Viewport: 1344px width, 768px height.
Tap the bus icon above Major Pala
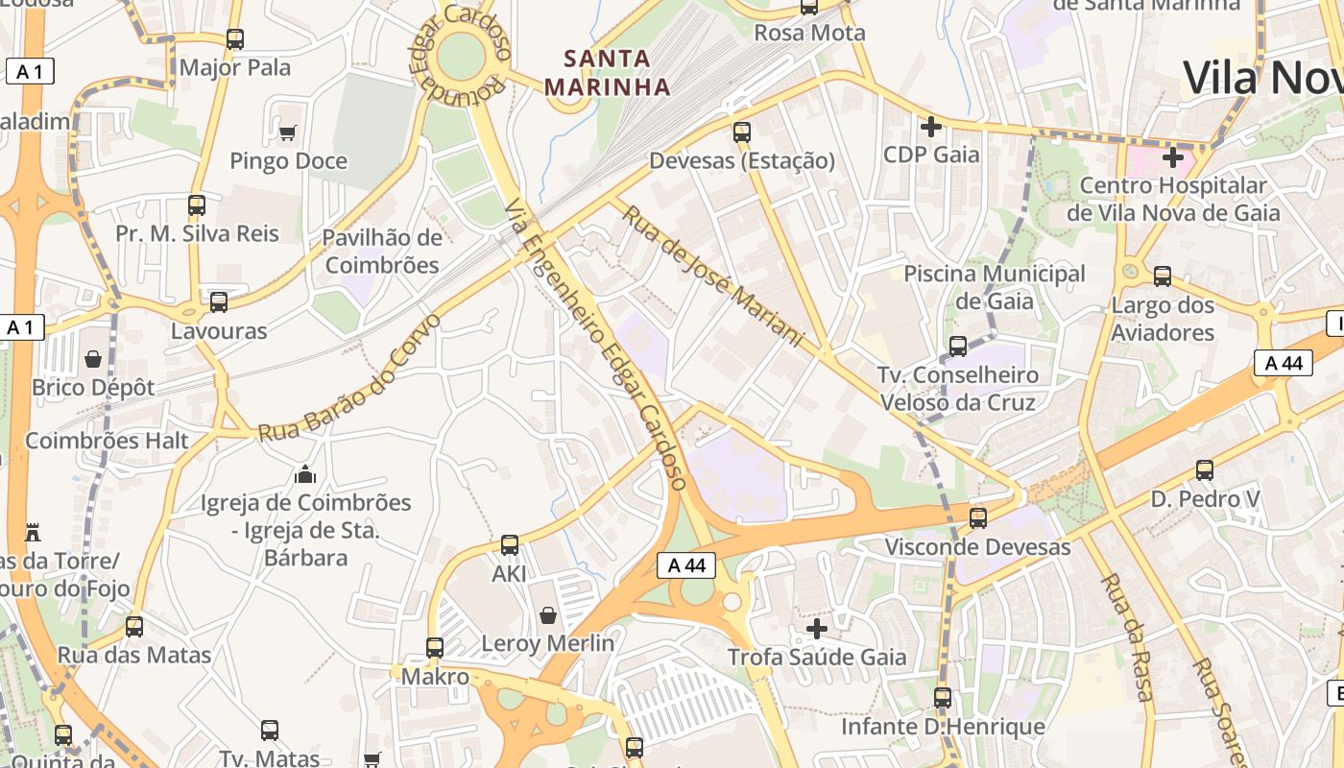[235, 39]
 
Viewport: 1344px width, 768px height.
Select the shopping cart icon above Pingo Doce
[287, 132]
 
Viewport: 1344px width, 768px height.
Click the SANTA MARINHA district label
[607, 73]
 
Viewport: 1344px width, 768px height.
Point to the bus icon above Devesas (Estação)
[741, 132]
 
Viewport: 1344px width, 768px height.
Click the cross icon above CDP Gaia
[930, 126]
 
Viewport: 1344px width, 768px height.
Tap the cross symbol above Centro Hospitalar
[1172, 156]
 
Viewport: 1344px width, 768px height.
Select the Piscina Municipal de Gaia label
[995, 287]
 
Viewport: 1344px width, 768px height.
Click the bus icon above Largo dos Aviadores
[1163, 276]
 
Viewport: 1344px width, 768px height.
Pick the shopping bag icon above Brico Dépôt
[93, 359]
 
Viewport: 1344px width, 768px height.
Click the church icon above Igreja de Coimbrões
[305, 473]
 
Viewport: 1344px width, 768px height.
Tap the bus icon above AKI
[510, 545]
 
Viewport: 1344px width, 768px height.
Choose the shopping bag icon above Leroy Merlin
[547, 614]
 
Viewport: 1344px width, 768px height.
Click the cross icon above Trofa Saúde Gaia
[817, 629]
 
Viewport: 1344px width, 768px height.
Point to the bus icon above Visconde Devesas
[977, 518]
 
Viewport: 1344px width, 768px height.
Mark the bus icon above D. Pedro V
[1205, 470]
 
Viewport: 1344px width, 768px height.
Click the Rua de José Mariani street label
[711, 275]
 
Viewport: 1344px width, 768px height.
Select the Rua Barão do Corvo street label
[349, 378]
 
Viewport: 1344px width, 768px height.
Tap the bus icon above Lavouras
[219, 302]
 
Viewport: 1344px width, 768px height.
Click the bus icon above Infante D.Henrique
[943, 698]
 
